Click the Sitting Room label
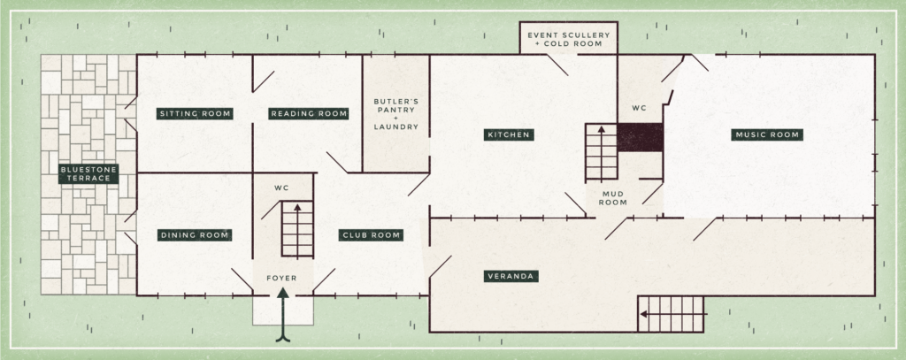(195, 113)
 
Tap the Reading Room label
(308, 113)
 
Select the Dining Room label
(195, 235)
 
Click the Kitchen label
(508, 135)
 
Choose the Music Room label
(766, 135)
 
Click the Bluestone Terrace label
(88, 173)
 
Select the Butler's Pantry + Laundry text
(395, 114)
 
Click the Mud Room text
(614, 197)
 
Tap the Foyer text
(283, 279)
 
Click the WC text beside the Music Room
(640, 108)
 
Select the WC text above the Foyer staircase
(282, 188)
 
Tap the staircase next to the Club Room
(297, 228)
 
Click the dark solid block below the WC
(641, 137)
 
